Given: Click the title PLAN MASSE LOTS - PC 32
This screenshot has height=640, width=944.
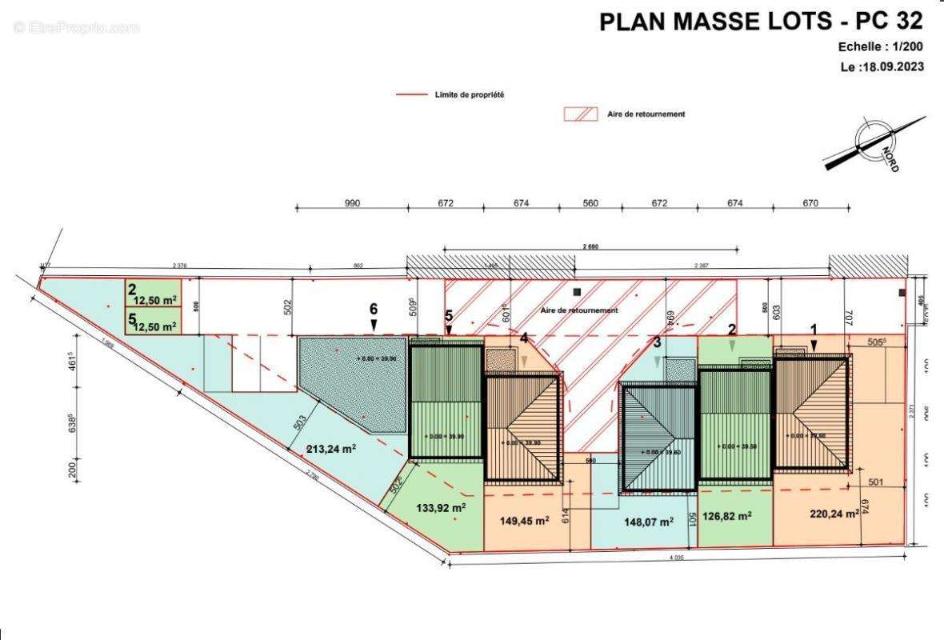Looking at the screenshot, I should (x=762, y=22).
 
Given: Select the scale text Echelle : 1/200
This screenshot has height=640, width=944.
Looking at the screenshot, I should (x=881, y=48).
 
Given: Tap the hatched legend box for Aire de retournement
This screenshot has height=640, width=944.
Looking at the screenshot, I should (x=581, y=114).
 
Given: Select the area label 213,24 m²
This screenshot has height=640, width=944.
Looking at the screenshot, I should (x=330, y=449).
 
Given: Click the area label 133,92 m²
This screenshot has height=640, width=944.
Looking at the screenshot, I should (x=441, y=506).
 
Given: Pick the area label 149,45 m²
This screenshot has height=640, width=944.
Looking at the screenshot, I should (x=524, y=521).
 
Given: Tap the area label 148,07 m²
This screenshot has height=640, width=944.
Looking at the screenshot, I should (x=649, y=524).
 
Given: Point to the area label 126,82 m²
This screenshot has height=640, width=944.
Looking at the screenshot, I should (x=726, y=516).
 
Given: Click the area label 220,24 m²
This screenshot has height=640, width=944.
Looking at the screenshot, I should (x=834, y=515).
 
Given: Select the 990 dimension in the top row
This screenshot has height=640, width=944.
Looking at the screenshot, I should (x=352, y=203).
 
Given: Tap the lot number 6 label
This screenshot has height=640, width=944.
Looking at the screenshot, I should (x=373, y=308).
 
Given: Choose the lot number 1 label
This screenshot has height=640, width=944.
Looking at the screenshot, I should (x=814, y=328).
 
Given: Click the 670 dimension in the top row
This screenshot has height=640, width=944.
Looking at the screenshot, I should (x=810, y=203).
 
